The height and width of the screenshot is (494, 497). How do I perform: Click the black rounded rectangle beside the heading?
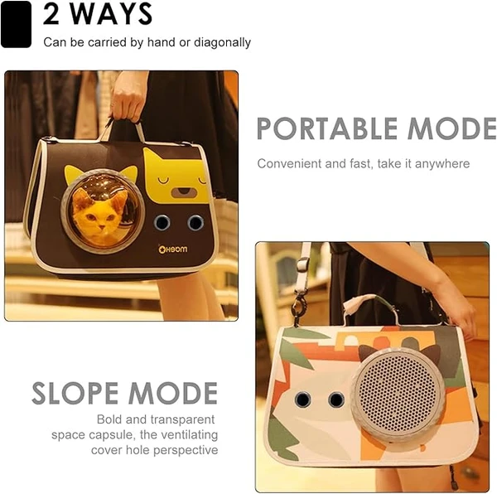click(16, 24)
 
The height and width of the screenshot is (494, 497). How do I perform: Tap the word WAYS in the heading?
click(111, 14)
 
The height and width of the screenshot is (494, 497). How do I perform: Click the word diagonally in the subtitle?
click(222, 42)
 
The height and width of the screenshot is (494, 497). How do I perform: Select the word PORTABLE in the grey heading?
click(327, 128)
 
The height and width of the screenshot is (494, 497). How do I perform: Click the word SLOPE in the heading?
click(75, 393)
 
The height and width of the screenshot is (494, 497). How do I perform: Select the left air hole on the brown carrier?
click(162, 223)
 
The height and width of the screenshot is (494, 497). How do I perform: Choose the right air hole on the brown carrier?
click(195, 223)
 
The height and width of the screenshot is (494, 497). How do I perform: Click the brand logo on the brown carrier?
click(173, 249)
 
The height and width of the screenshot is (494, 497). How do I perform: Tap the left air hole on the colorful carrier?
click(302, 399)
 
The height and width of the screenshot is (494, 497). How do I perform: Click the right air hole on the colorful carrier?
click(336, 399)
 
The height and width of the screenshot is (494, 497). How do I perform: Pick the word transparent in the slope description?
click(182, 419)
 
